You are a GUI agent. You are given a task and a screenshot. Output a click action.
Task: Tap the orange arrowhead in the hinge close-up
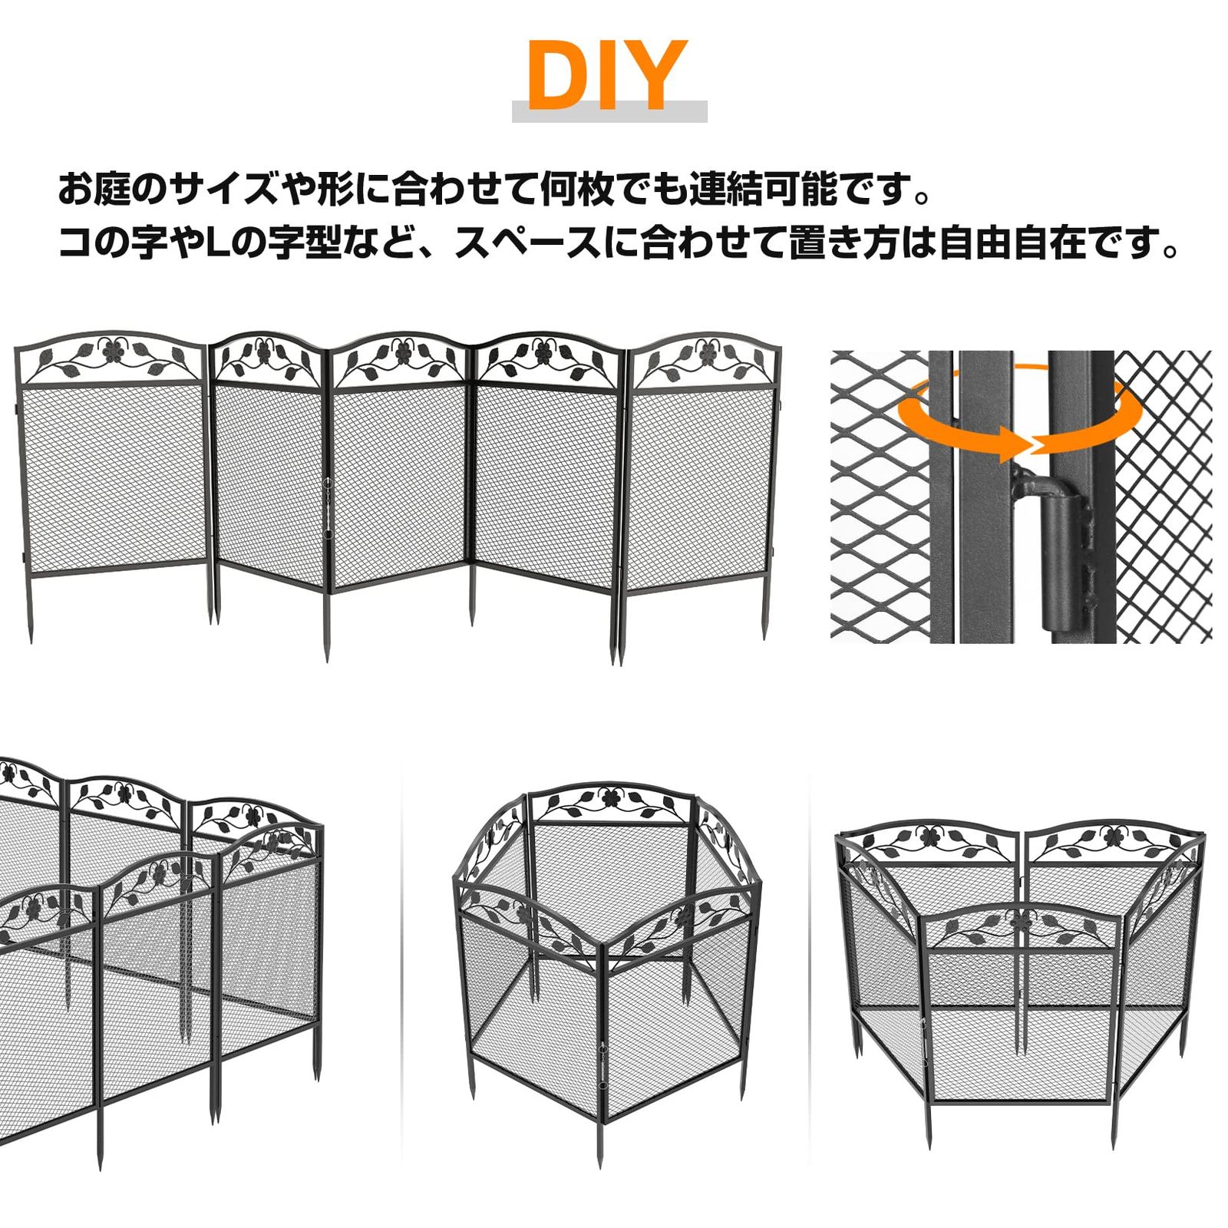point(1012,445)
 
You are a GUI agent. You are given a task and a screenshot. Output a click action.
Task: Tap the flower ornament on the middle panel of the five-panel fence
point(401,352)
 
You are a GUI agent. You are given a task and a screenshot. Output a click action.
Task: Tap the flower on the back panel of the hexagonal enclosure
point(610,798)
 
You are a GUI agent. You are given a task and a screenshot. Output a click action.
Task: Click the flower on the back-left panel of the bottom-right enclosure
point(929,835)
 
